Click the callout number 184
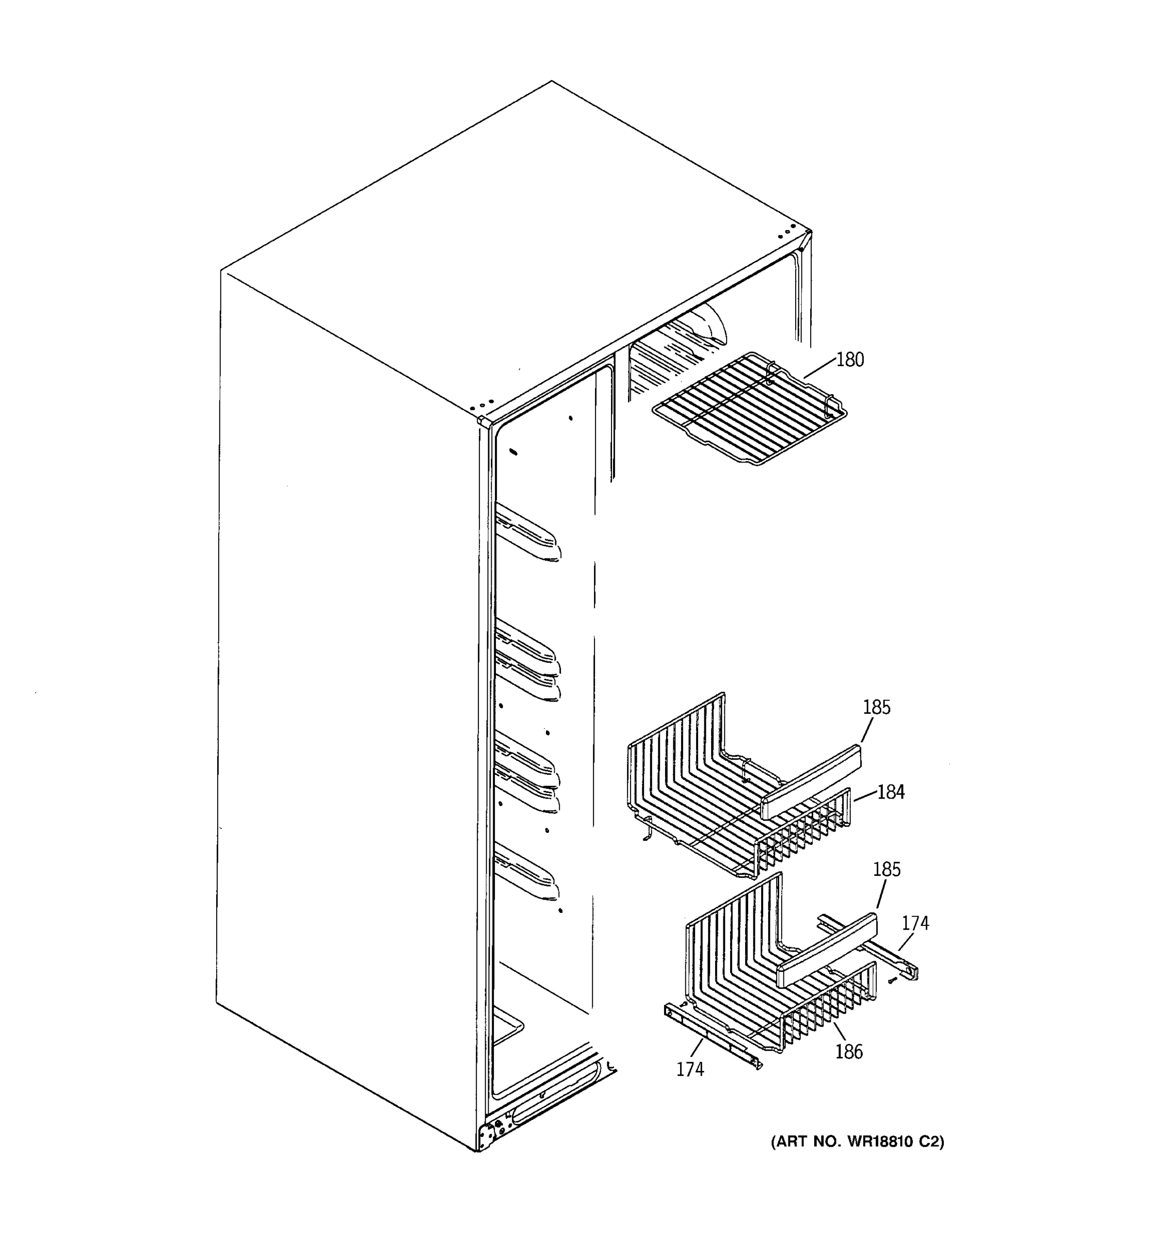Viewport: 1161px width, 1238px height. click(x=891, y=792)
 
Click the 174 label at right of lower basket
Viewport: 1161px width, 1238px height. click(x=915, y=923)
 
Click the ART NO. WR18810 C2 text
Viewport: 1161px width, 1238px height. click(x=858, y=1142)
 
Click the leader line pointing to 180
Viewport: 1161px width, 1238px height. click(x=819, y=369)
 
